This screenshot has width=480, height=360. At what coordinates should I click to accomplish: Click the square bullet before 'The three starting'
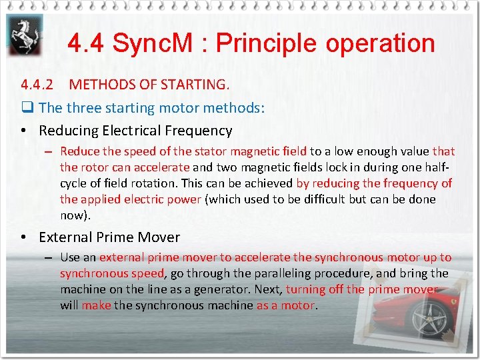pos(27,108)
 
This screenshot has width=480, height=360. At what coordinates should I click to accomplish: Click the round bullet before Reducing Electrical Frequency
pos(24,131)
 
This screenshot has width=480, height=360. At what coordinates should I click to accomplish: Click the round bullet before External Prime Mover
pos(24,237)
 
